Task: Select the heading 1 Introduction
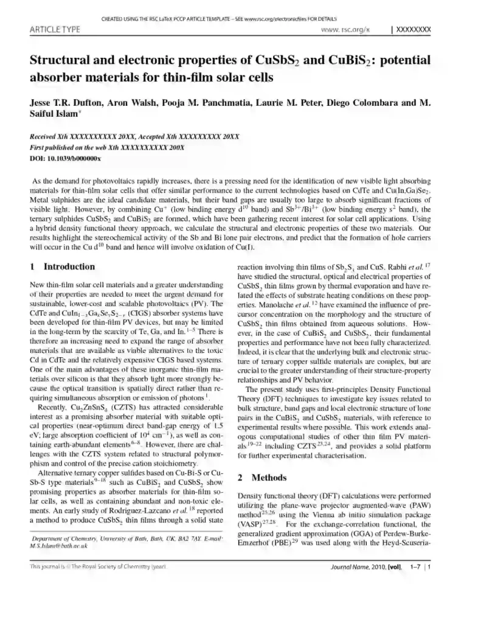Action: (x=63, y=267)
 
